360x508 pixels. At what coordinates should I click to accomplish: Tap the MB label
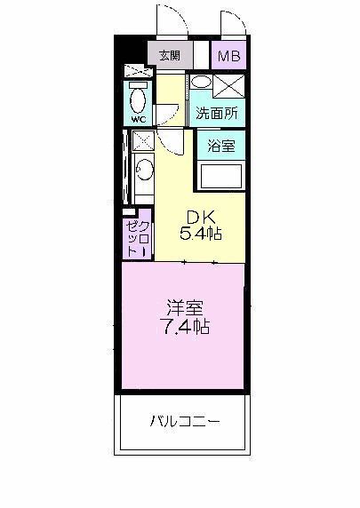pos(229,57)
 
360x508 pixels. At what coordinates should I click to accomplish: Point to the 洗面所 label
pos(216,114)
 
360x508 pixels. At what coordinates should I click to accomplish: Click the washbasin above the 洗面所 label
pos(202,83)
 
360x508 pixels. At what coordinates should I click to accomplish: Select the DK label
pos(200,217)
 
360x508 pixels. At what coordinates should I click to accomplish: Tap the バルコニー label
pos(184,420)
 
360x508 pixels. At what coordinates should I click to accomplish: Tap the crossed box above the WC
pos(132,70)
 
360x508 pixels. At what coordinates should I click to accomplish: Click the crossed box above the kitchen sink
pos(140,139)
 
